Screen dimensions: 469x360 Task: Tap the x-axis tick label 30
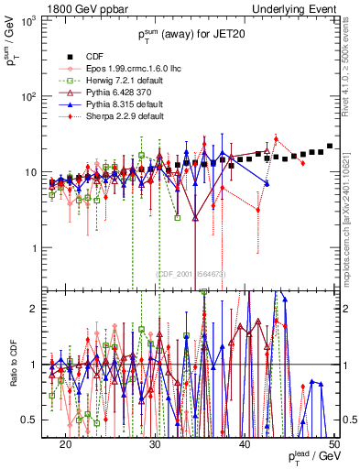point(155,443)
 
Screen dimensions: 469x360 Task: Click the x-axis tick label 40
point(245,443)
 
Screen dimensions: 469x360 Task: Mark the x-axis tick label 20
point(66,443)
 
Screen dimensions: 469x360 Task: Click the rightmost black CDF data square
point(330,147)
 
